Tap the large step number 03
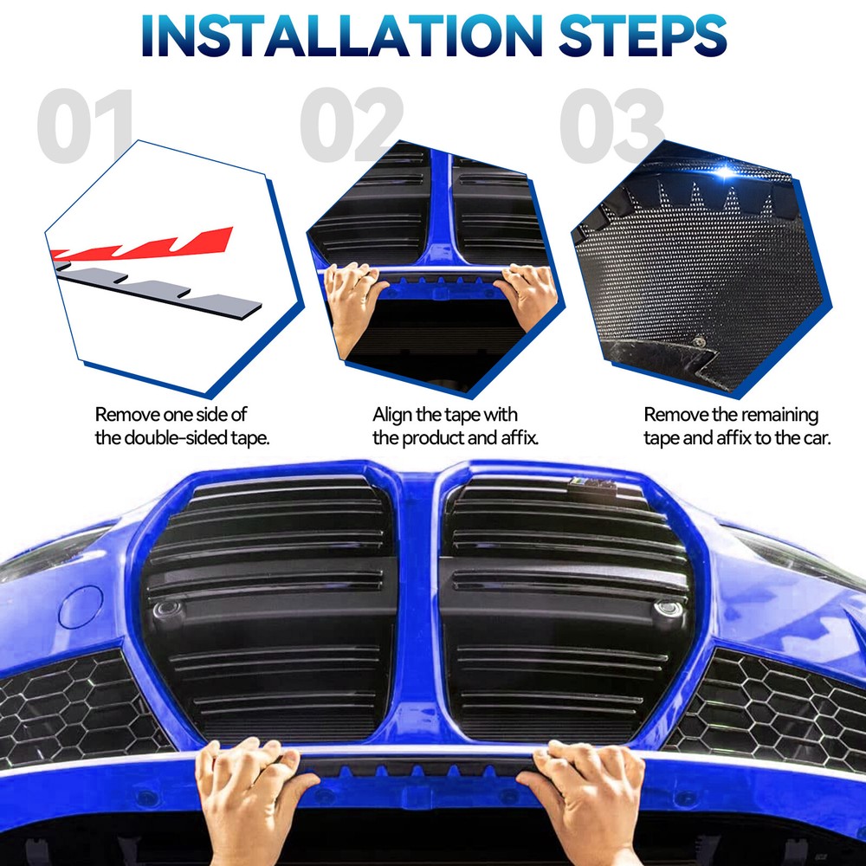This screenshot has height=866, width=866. [611, 126]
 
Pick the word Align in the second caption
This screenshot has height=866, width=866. [394, 416]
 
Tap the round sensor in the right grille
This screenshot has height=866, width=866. [667, 608]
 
